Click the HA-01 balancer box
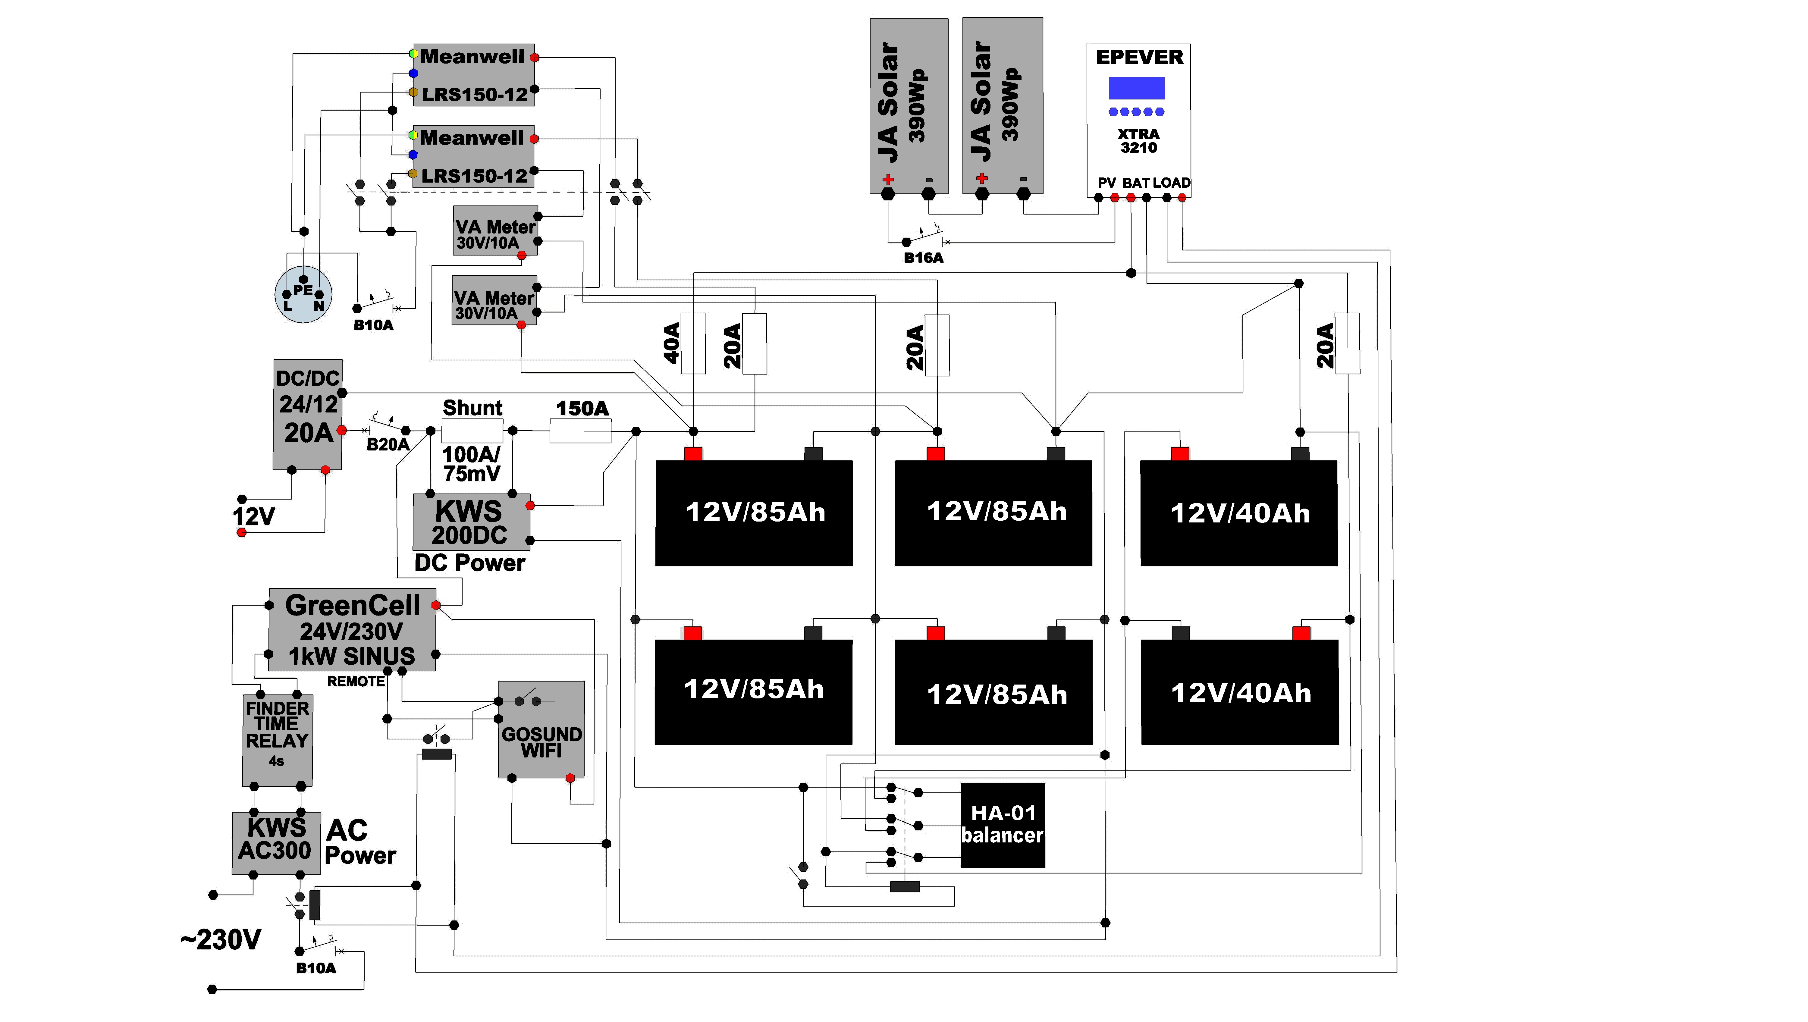coord(1002,825)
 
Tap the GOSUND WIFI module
coord(541,729)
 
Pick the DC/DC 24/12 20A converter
coord(307,414)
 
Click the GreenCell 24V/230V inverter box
coord(352,630)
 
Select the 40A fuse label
coord(672,343)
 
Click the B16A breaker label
coord(924,258)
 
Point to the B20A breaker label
coord(388,444)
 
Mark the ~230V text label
coord(220,939)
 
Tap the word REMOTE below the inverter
coord(356,682)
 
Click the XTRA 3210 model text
coord(1138,140)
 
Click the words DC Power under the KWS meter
coord(469,563)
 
